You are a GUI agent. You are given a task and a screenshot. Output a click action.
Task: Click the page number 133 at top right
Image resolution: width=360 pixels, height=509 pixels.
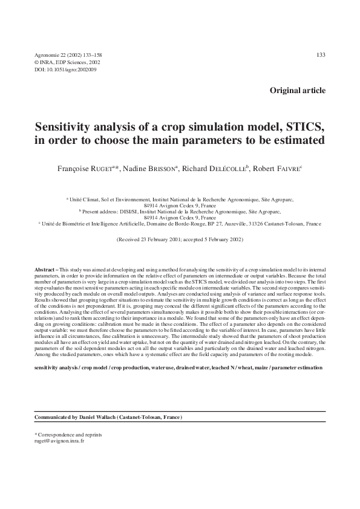(x=321, y=55)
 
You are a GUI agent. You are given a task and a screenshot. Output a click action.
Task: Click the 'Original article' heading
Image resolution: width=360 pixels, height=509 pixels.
(x=297, y=91)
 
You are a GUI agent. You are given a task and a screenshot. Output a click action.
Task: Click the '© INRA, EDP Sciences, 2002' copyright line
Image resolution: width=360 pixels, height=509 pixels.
(x=67, y=62)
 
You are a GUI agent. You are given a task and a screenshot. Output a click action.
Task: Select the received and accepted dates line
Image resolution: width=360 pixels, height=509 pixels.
(x=180, y=240)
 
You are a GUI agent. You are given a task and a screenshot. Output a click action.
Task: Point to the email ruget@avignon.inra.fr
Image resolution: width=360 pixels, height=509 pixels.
(x=60, y=441)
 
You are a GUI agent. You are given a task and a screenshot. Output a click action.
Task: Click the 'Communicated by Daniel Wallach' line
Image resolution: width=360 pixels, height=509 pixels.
(x=108, y=418)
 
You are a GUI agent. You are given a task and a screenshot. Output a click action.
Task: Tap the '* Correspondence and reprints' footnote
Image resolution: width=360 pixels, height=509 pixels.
(x=68, y=435)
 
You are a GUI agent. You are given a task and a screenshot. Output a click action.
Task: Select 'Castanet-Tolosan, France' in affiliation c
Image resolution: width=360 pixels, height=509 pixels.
(x=289, y=224)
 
